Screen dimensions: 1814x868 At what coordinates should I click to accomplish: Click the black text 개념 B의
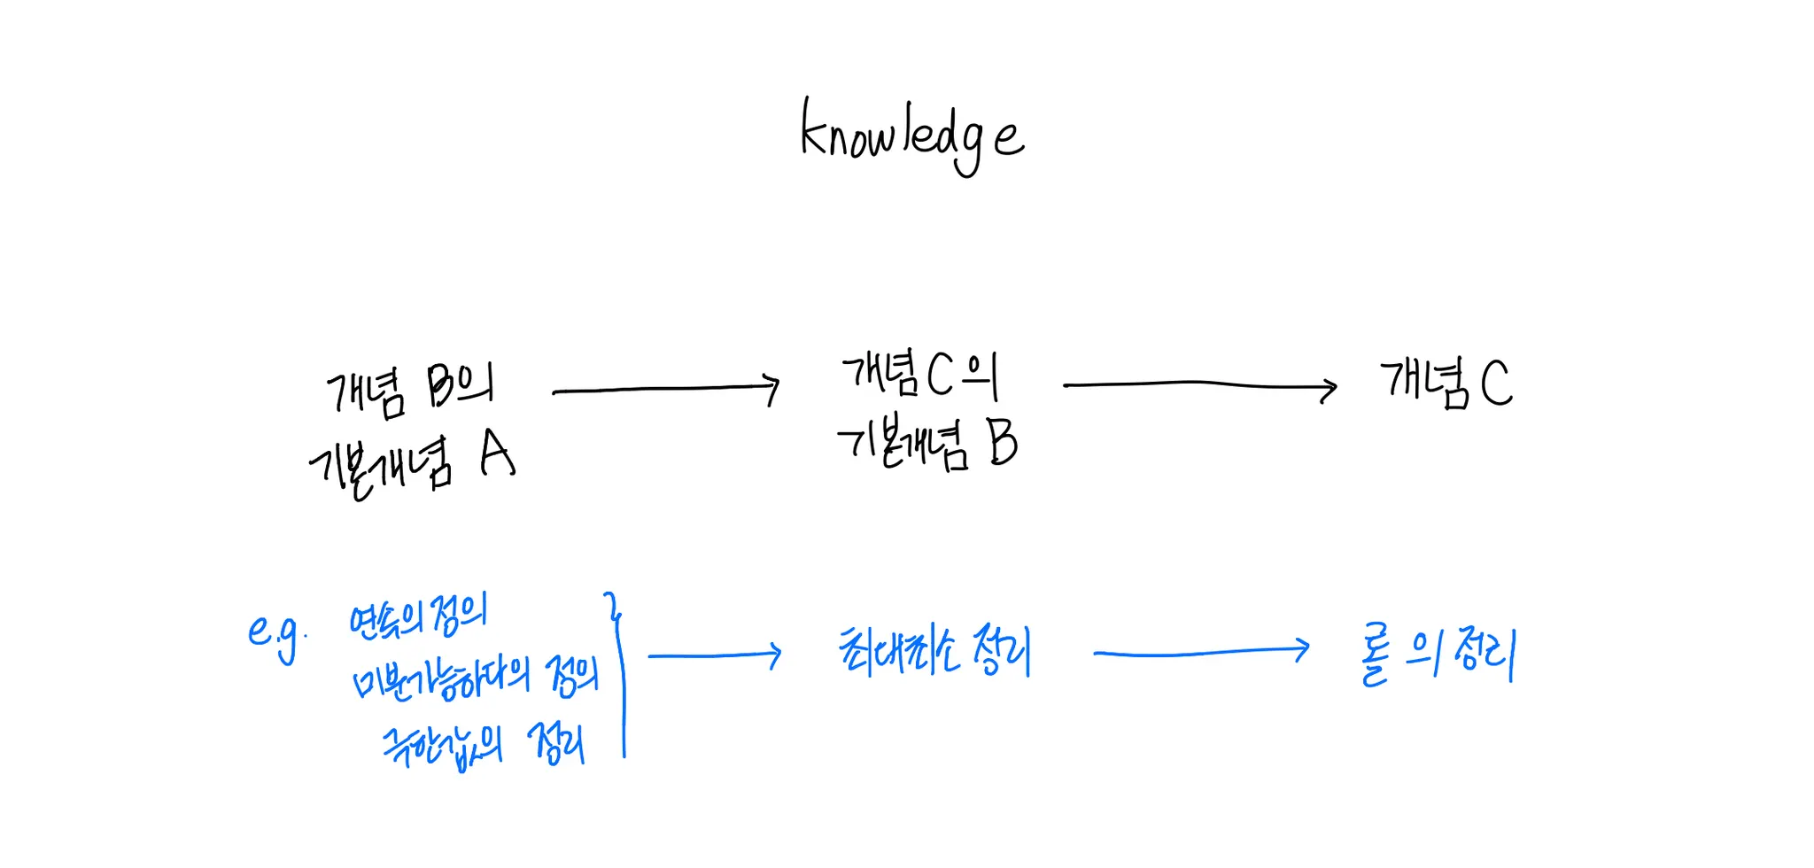[x=410, y=388]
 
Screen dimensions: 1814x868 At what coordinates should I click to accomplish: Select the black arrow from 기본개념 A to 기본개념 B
[x=664, y=389]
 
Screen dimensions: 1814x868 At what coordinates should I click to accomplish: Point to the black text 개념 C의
[x=919, y=375]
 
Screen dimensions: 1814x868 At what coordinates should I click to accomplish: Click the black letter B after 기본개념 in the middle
[x=1002, y=442]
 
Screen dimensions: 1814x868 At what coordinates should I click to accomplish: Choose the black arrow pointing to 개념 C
[x=1200, y=385]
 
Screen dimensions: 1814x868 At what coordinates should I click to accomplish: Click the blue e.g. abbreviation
[x=276, y=634]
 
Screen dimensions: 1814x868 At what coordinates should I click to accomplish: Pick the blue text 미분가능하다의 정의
[x=476, y=678]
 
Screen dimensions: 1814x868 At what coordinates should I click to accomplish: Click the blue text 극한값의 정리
[x=484, y=744]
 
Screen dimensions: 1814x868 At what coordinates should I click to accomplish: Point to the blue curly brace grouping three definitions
[x=619, y=673]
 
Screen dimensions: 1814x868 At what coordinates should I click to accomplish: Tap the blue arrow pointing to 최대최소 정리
[x=714, y=655]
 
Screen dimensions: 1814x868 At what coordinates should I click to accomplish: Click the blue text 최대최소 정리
[x=934, y=651]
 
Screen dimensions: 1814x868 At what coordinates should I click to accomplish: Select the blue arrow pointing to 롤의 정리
[x=1201, y=652]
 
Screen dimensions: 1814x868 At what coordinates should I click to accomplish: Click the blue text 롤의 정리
[x=1437, y=656]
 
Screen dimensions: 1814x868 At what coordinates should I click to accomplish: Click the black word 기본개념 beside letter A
[x=381, y=465]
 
